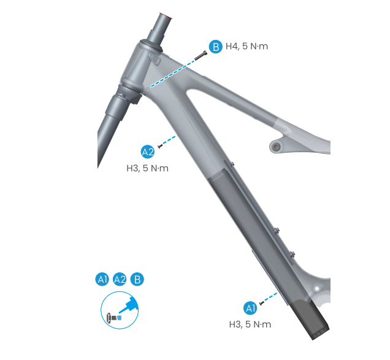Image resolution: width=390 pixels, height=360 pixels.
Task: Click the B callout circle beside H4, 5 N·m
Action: click(x=215, y=47)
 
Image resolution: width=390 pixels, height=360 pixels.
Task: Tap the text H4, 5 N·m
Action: click(x=247, y=47)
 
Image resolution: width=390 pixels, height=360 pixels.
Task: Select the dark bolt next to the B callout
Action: click(x=201, y=55)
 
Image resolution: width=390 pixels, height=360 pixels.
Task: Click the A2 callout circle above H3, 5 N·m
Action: click(x=148, y=152)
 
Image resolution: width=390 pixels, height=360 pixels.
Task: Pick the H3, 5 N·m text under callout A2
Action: click(x=148, y=169)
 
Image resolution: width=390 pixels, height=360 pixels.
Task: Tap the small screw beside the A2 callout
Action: click(x=160, y=147)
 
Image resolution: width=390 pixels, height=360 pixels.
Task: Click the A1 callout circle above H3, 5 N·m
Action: click(x=250, y=308)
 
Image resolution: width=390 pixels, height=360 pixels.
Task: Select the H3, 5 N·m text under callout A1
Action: click(x=250, y=324)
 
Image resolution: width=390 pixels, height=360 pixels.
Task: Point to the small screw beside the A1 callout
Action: click(x=261, y=303)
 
